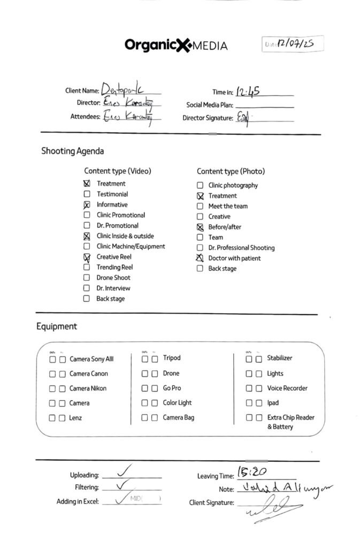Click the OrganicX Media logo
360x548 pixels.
(176, 45)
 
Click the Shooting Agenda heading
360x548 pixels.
(72, 151)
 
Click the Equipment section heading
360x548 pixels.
(57, 326)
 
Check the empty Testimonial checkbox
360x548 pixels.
(87, 194)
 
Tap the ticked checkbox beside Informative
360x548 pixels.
(87, 205)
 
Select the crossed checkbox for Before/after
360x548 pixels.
(200, 227)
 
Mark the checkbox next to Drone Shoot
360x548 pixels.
(87, 278)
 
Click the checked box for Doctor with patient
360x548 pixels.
(200, 258)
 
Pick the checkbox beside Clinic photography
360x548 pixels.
(200, 185)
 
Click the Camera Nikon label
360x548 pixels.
(88, 389)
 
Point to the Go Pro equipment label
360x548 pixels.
(172, 388)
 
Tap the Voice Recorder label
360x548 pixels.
(287, 388)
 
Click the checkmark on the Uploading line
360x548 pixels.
(124, 471)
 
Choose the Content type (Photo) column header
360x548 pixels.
(231, 171)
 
